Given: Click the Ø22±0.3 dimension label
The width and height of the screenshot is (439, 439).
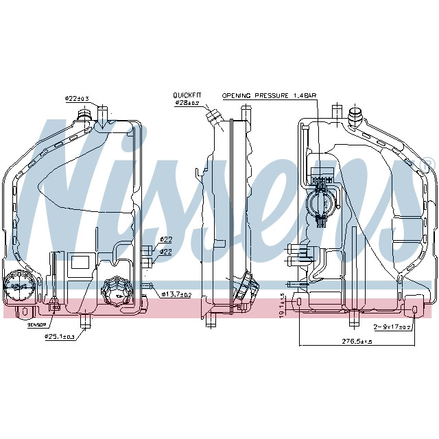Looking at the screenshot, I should tap(77, 99).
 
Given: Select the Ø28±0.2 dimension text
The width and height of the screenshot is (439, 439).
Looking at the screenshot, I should tap(187, 103).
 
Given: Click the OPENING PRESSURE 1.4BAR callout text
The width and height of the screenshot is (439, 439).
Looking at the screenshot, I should tap(269, 97).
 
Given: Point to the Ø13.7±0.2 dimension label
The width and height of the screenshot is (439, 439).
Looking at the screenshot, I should tap(176, 294).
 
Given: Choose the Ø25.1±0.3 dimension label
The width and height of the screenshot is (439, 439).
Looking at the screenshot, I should tap(60, 337).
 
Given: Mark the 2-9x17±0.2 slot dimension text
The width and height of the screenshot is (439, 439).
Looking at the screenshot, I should tap(392, 327).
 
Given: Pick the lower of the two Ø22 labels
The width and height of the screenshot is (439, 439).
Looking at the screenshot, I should tap(166, 252).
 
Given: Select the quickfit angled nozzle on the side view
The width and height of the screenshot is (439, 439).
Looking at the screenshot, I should tap(215, 117).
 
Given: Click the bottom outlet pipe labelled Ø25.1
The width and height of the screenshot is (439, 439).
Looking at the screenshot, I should tap(85, 321).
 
